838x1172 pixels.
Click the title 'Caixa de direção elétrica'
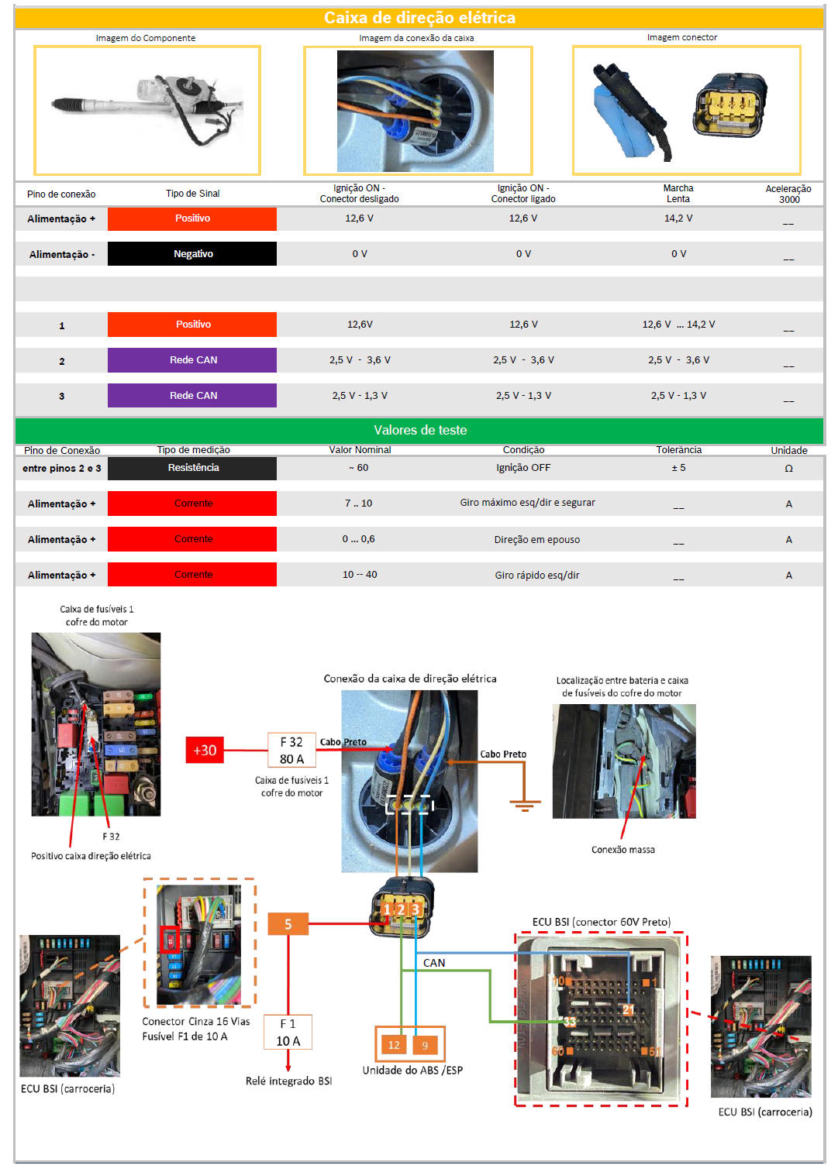point(419,18)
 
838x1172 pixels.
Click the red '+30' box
point(205,750)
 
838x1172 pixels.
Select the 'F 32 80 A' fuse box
point(291,750)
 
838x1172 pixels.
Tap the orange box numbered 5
point(288,923)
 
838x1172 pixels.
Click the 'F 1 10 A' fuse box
point(288,1032)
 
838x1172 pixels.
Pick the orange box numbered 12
point(394,1045)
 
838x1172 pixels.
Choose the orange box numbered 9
point(425,1045)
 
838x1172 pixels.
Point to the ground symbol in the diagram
point(525,803)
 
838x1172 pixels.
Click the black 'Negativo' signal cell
point(192,254)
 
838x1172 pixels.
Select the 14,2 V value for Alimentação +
point(678,218)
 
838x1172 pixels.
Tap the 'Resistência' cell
point(192,468)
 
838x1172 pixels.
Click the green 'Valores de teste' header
point(419,430)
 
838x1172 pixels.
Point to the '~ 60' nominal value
point(359,468)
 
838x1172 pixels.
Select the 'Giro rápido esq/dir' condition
point(536,575)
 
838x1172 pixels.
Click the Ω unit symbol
point(788,469)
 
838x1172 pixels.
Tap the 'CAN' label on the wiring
point(434,963)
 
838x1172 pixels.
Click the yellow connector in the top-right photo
point(729,106)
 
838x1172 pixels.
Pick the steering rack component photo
point(147,110)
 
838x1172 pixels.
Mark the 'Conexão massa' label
point(622,850)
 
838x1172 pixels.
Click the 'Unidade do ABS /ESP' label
point(412,1071)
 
